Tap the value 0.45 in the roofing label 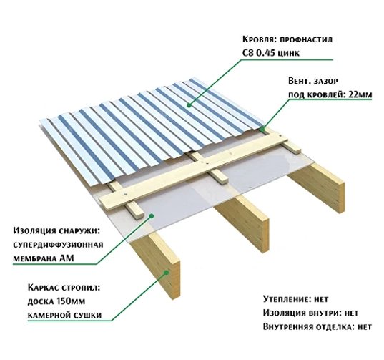(265, 53)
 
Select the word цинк (289, 54)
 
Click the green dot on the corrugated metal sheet (189, 105)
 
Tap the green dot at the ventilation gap (262, 129)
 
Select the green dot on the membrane (152, 216)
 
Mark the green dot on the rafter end (167, 272)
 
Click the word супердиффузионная (58, 245)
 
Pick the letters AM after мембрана (67, 258)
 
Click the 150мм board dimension (71, 301)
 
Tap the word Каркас (44, 287)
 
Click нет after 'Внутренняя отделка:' (365, 327)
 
